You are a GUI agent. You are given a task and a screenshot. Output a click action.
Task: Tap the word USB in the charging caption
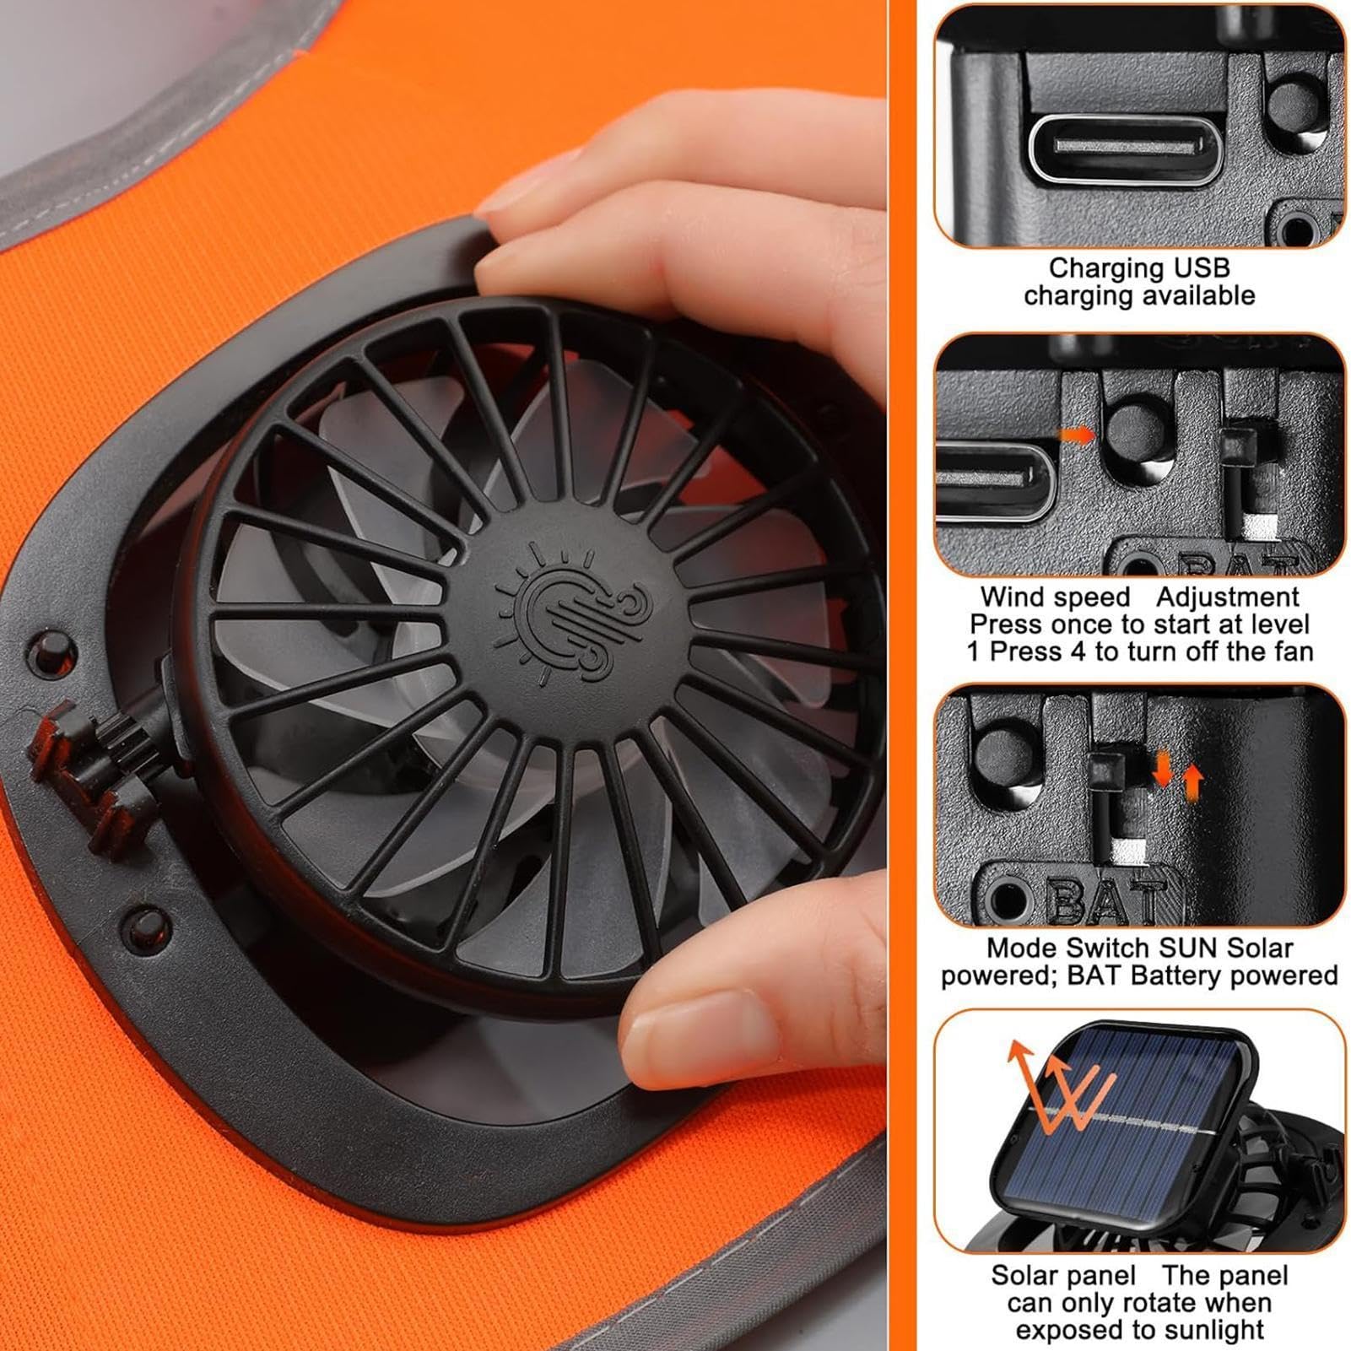(1200, 268)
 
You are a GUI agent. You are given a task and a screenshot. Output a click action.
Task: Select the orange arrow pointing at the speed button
(1077, 435)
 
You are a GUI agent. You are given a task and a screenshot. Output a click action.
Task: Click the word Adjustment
(1227, 597)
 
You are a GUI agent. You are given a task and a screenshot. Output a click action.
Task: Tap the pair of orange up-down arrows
(1177, 774)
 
